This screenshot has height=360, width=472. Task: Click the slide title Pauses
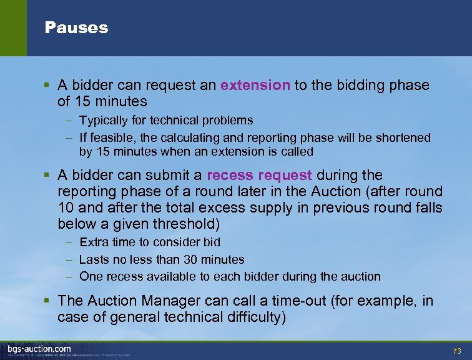[76, 28]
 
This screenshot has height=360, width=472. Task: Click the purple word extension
[255, 85]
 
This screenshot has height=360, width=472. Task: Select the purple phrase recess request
[259, 175]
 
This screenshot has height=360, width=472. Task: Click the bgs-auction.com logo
[39, 349]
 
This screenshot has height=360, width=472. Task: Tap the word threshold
[194, 224]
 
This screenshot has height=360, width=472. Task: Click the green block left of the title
[13, 28]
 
